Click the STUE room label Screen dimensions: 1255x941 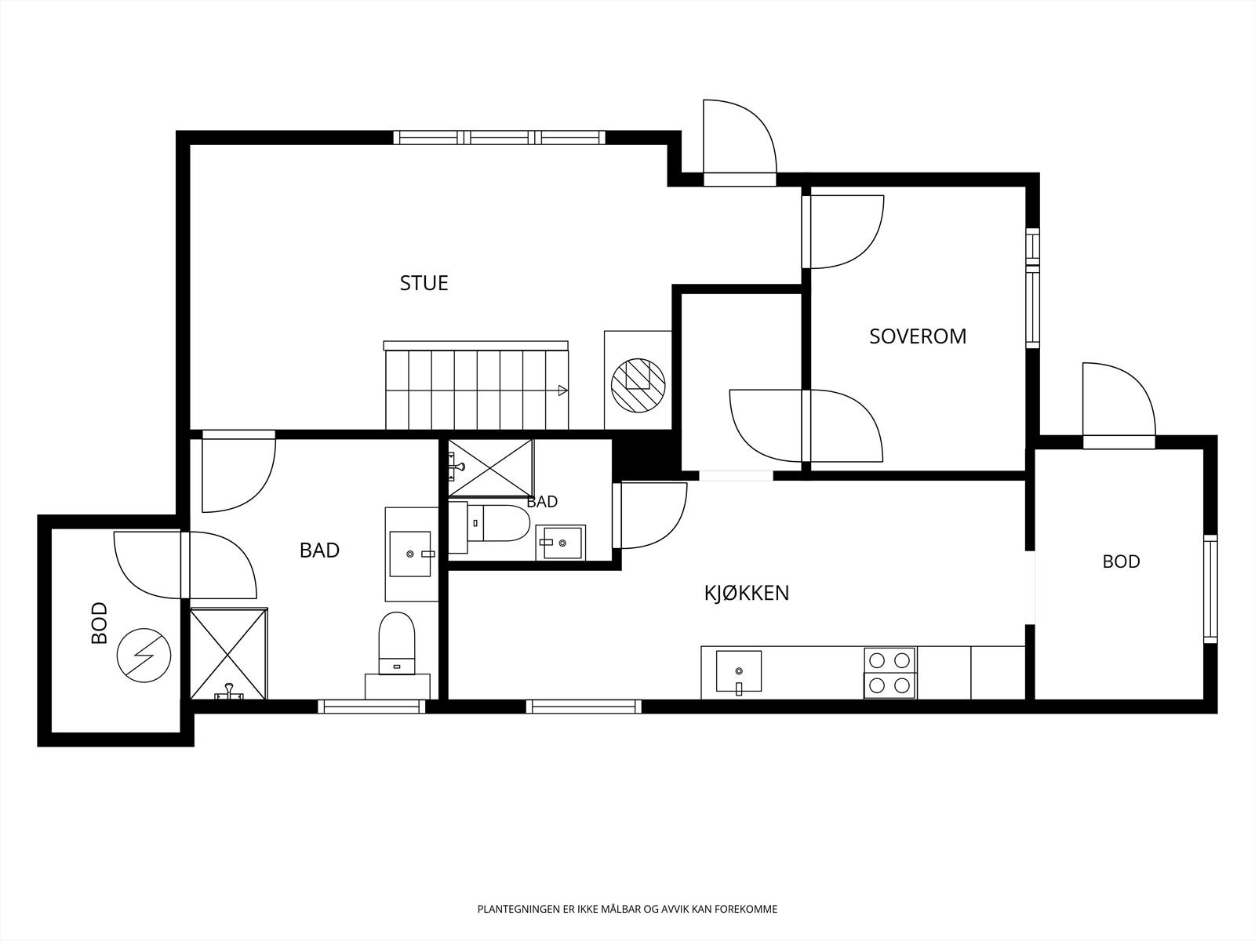click(424, 283)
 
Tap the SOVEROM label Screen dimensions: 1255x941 click(918, 336)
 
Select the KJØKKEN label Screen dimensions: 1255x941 click(747, 593)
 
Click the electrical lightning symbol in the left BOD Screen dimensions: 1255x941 click(144, 656)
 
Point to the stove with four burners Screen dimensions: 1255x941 click(890, 673)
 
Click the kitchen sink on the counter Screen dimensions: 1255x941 click(739, 672)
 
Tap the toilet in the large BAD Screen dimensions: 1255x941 click(397, 644)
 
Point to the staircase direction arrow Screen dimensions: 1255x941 click(563, 391)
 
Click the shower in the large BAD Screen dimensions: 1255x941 click(229, 654)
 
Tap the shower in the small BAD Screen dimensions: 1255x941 click(490, 467)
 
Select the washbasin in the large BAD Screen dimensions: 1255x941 click(410, 554)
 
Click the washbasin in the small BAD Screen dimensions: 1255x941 click(560, 542)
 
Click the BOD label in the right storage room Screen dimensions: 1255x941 click(1121, 561)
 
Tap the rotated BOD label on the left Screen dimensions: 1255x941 click(100, 623)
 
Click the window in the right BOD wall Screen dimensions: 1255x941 click(1210, 588)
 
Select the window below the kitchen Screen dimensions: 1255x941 click(584, 707)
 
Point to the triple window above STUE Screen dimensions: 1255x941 click(500, 138)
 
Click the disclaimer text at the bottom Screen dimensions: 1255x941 click(627, 909)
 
